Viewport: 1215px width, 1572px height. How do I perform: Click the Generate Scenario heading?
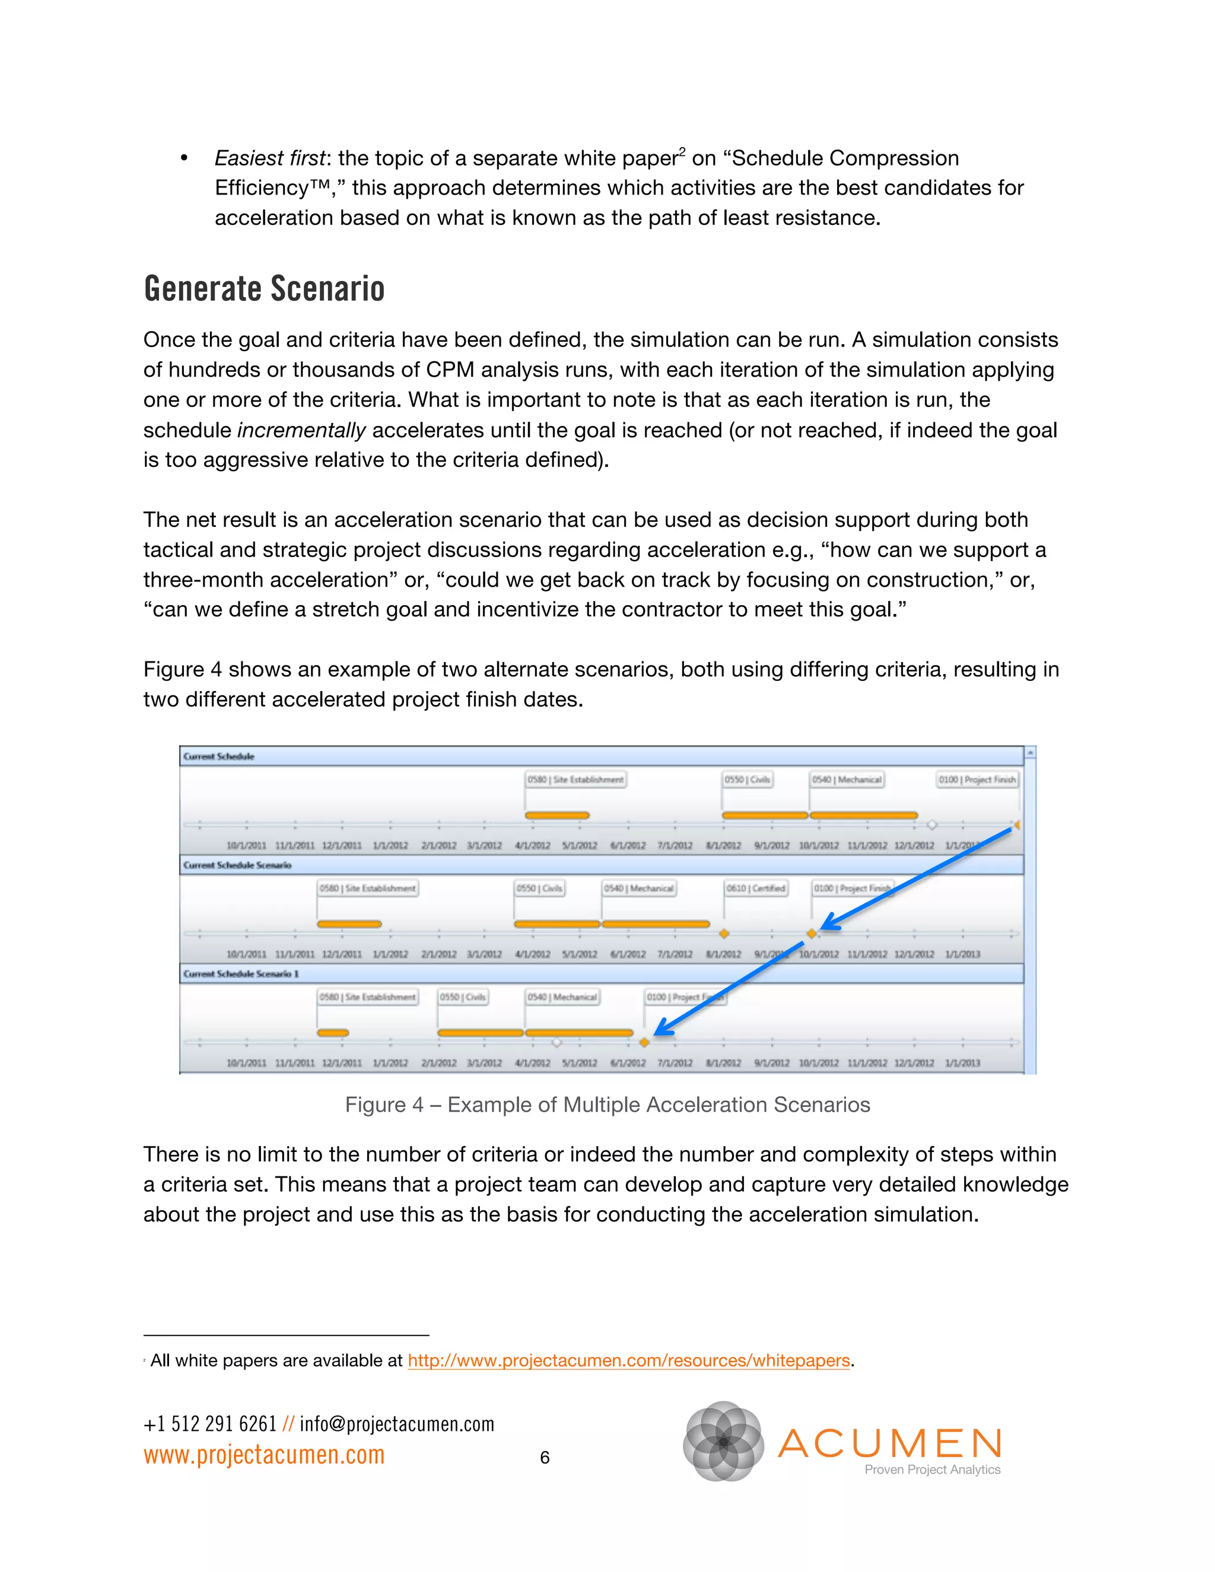tap(263, 289)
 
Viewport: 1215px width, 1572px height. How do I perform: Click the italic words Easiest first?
tap(270, 158)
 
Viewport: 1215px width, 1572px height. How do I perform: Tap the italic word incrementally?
tap(301, 431)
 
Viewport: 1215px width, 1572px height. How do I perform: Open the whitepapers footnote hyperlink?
tap(628, 1360)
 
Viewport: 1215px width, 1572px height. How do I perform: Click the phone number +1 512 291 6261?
tap(209, 1424)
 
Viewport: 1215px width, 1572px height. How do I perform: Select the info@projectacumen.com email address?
tap(397, 1424)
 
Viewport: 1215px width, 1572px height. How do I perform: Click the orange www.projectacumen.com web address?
tap(263, 1455)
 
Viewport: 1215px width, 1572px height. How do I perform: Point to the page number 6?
tap(544, 1458)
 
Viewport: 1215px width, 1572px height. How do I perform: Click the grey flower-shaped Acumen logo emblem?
tap(723, 1441)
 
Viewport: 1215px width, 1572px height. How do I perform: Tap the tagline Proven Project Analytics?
tap(931, 1470)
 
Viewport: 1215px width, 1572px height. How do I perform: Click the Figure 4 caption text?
tap(607, 1105)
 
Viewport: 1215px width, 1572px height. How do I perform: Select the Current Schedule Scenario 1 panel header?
tap(240, 974)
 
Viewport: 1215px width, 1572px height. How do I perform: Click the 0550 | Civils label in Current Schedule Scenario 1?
tap(463, 997)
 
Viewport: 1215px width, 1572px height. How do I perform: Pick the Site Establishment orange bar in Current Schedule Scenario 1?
tap(333, 1033)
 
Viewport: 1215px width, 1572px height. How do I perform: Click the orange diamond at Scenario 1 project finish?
tap(644, 1042)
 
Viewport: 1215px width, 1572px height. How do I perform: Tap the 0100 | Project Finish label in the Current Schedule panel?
tap(977, 779)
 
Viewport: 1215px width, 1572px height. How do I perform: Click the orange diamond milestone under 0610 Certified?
tap(724, 934)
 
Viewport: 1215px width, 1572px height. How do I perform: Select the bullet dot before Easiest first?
tap(185, 159)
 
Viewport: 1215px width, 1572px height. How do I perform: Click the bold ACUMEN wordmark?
tap(890, 1443)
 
